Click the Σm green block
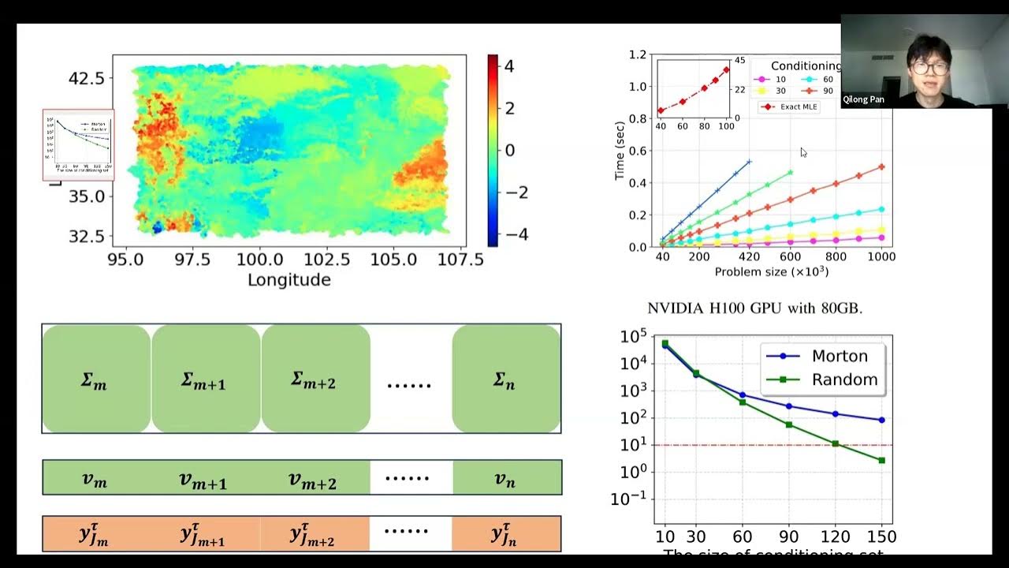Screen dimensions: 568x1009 (x=95, y=379)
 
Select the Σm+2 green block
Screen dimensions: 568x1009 (x=315, y=379)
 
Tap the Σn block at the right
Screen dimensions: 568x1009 (x=505, y=379)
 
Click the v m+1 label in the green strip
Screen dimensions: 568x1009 (x=203, y=478)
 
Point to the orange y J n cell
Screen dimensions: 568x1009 (x=505, y=534)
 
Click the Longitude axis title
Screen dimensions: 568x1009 (x=289, y=280)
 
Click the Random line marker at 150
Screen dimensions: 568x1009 (x=881, y=460)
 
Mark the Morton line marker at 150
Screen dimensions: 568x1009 (x=881, y=420)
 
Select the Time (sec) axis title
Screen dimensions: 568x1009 (x=620, y=151)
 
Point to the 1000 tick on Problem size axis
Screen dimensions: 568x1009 (x=881, y=256)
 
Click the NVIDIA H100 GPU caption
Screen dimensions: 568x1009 (x=754, y=308)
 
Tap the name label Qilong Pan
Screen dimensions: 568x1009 (x=864, y=99)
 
